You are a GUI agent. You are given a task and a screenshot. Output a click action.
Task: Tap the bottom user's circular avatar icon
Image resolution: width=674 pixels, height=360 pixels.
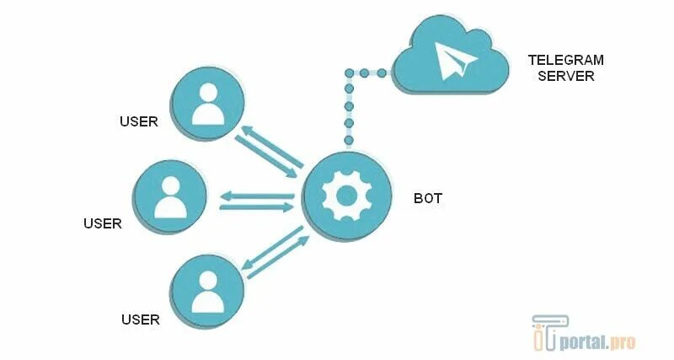207,287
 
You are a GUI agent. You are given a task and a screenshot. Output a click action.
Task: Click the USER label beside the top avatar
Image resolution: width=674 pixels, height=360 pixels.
139,121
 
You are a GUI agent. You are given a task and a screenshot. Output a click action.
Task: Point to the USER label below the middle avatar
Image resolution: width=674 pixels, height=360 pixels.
103,223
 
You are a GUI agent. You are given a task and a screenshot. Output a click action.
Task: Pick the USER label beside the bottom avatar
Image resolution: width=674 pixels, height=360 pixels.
141,319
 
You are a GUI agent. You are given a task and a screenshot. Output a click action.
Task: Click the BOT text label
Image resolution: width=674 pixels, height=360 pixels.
428,198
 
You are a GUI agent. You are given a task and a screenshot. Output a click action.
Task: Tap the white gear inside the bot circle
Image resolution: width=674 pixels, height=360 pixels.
347,196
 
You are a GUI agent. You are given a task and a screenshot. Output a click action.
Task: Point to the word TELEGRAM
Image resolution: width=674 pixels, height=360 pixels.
566,61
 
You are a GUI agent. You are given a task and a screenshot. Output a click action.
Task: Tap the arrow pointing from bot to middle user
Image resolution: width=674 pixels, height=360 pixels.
257,196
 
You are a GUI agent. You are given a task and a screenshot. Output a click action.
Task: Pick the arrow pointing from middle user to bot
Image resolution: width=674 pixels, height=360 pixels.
257,207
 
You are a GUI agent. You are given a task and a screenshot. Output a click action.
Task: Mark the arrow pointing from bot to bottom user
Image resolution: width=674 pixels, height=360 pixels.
270,248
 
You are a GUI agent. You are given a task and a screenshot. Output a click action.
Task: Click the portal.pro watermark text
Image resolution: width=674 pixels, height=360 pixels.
602,341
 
